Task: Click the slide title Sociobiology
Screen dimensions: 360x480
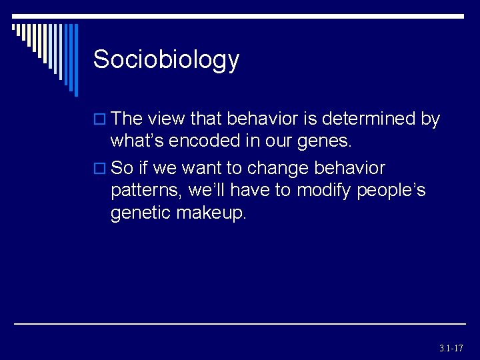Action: click(166, 60)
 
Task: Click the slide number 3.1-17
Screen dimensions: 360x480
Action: click(451, 348)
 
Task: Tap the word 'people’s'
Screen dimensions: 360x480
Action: click(391, 190)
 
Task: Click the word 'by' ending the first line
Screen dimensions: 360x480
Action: click(430, 119)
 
